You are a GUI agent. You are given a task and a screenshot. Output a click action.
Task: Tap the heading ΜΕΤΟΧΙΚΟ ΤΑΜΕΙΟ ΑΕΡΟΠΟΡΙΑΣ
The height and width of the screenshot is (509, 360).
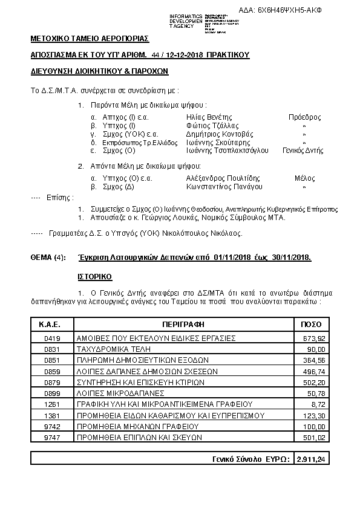coord(89,39)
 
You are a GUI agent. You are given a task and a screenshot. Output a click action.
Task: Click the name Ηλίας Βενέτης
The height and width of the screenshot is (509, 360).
coord(209,117)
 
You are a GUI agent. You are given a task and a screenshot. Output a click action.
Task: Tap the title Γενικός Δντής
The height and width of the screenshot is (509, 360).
coord(304,151)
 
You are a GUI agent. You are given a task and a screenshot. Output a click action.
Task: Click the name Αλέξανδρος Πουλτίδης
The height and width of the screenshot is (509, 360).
coord(223,178)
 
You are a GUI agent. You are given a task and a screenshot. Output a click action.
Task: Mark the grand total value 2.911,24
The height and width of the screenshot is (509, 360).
coord(311,459)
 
